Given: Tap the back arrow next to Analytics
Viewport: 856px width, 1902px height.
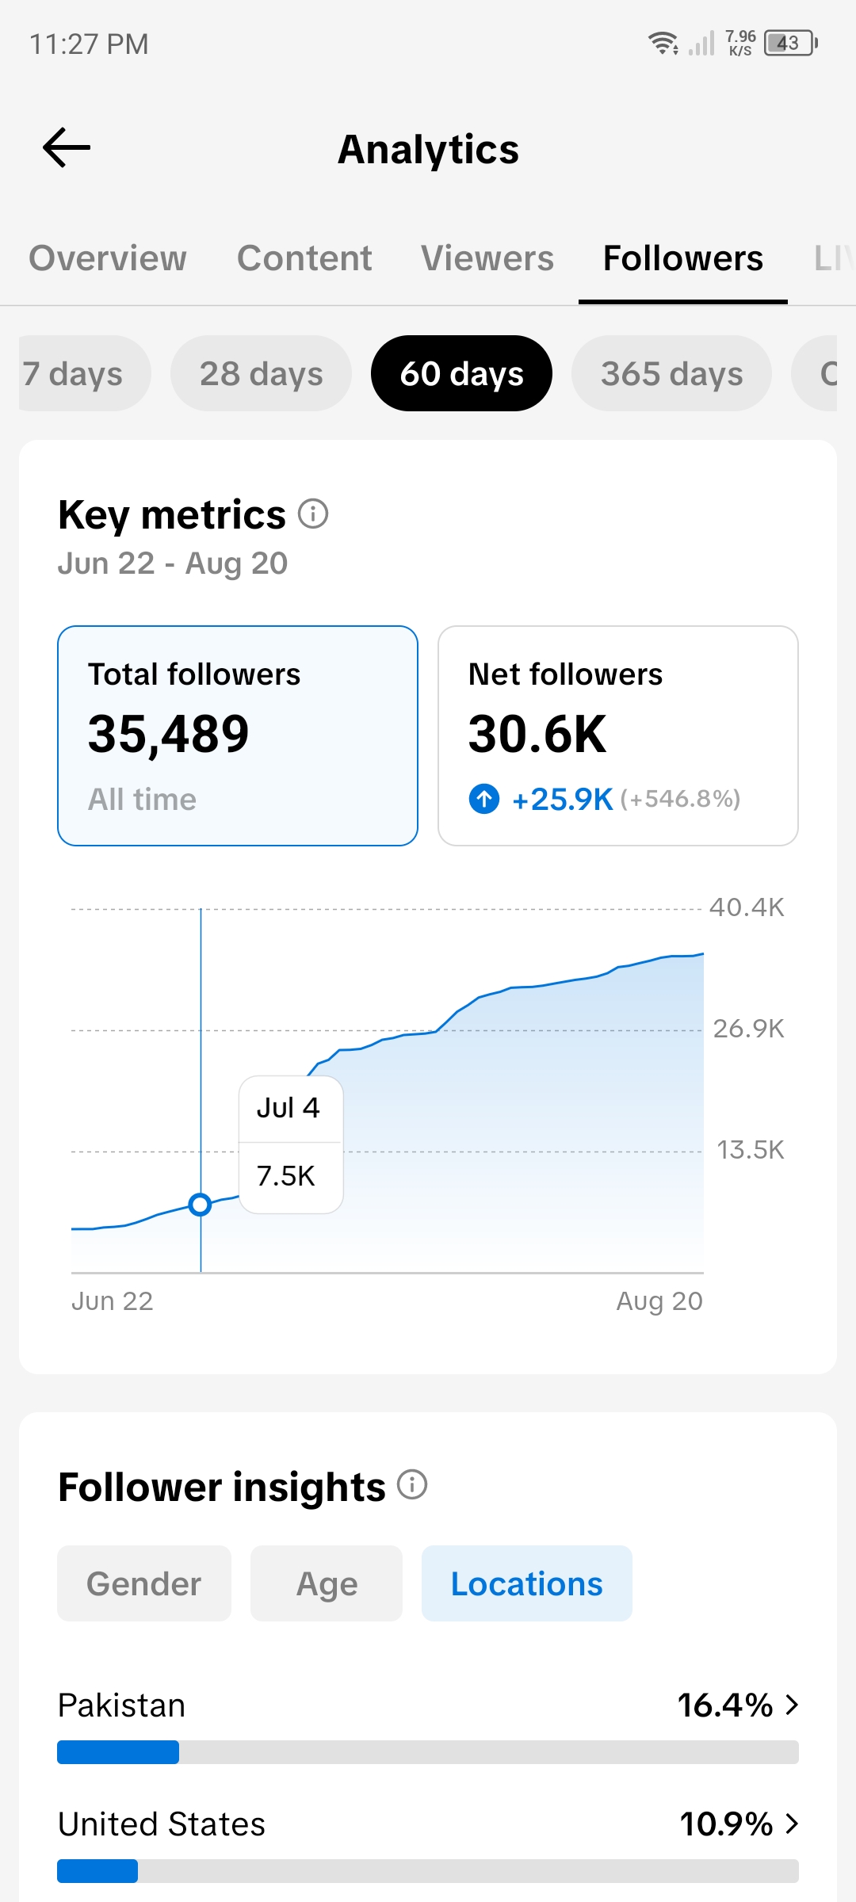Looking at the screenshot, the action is click(x=67, y=147).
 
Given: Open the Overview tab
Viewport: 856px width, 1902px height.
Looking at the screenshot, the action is click(x=108, y=258).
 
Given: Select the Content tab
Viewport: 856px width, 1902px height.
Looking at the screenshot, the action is click(x=304, y=258).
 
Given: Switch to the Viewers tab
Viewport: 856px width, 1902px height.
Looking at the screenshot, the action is click(x=487, y=258).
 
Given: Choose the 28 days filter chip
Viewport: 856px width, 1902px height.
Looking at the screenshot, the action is click(x=262, y=373).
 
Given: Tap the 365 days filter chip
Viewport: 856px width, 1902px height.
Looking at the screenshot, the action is click(x=672, y=373).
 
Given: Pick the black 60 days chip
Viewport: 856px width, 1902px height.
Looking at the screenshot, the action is click(x=461, y=373).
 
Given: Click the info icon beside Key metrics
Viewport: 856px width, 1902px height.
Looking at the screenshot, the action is click(x=313, y=514).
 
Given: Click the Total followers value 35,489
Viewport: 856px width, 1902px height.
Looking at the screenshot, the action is click(x=169, y=734).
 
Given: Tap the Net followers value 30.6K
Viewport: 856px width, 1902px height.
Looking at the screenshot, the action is click(x=537, y=734).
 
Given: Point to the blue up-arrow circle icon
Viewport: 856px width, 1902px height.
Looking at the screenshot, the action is click(x=484, y=799).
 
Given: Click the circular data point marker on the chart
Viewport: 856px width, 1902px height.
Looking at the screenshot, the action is click(x=201, y=1205).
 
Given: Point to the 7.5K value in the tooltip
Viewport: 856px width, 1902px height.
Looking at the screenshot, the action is click(x=286, y=1176).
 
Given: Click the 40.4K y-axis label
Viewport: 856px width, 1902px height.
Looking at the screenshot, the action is click(x=747, y=907).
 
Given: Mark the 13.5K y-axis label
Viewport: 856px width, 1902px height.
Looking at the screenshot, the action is click(x=751, y=1150).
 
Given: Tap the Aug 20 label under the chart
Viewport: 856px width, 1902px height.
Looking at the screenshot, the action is click(x=659, y=1301).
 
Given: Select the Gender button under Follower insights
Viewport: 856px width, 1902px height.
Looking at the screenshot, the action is click(x=144, y=1583).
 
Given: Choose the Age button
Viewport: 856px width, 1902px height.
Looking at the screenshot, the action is click(x=327, y=1583).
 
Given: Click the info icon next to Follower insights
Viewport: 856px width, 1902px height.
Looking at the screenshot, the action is click(x=412, y=1484).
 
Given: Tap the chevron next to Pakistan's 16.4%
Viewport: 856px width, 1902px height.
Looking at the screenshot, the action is click(x=792, y=1705).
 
